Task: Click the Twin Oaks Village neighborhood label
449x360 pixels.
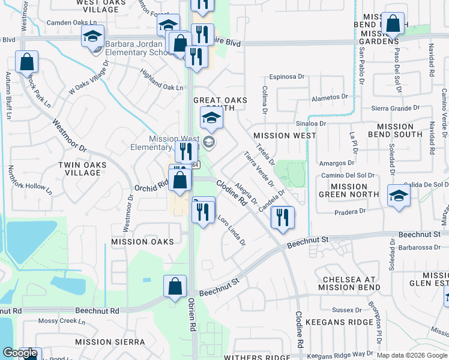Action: pyautogui.click(x=78, y=169)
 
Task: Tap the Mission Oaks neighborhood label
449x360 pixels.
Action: pyautogui.click(x=142, y=242)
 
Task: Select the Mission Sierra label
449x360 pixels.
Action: pyautogui.click(x=119, y=341)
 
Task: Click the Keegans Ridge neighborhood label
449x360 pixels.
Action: pyautogui.click(x=339, y=322)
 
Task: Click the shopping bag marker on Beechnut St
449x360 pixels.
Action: pyautogui.click(x=175, y=287)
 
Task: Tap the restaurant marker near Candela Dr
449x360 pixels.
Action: pyautogui.click(x=282, y=218)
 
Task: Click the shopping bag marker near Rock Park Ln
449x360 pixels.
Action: pyautogui.click(x=26, y=62)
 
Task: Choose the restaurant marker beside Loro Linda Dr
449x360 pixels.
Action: pyautogui.click(x=203, y=211)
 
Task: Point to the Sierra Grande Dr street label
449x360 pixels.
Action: pyautogui.click(x=395, y=109)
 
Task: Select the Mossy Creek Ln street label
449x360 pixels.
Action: pyautogui.click(x=61, y=322)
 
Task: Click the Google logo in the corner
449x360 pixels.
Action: pyautogui.click(x=20, y=353)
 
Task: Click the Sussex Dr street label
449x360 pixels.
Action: pyautogui.click(x=344, y=310)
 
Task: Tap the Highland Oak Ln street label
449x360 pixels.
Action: pyautogui.click(x=161, y=88)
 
